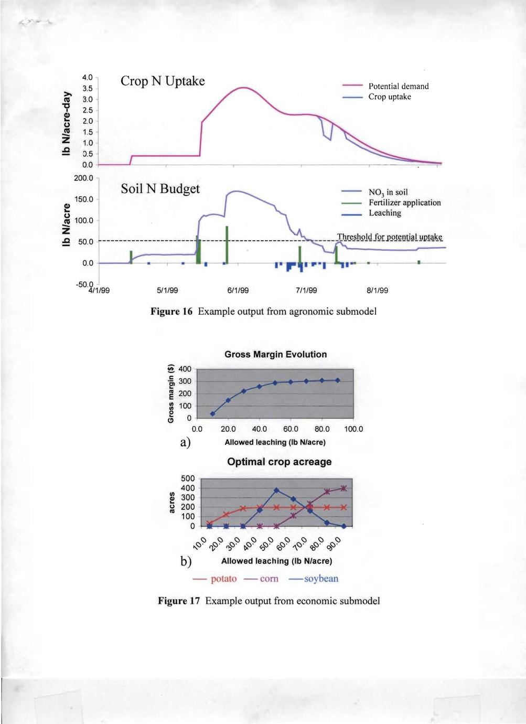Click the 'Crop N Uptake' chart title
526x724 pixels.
tap(163, 81)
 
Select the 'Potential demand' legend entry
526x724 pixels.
tap(398, 86)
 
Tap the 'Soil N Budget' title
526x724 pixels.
tap(160, 188)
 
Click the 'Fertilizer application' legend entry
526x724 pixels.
tap(404, 203)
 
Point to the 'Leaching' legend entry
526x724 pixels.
tap(384, 213)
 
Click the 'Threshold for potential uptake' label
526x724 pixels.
tap(390, 237)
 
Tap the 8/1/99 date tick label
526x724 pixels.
tap(377, 291)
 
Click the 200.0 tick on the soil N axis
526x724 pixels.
tap(83, 178)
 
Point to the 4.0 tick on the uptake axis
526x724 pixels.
tap(88, 78)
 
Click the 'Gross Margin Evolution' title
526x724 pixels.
tap(275, 355)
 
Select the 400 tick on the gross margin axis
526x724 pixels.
tap(185, 369)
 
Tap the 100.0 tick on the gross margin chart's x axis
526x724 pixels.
tap(353, 429)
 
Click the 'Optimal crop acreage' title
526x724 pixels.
tap(279, 462)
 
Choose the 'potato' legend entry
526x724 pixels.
tap(223, 579)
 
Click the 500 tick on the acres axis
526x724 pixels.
tap(187, 478)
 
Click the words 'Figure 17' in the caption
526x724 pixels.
tap(179, 601)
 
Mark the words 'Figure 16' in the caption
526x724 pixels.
tap(171, 312)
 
